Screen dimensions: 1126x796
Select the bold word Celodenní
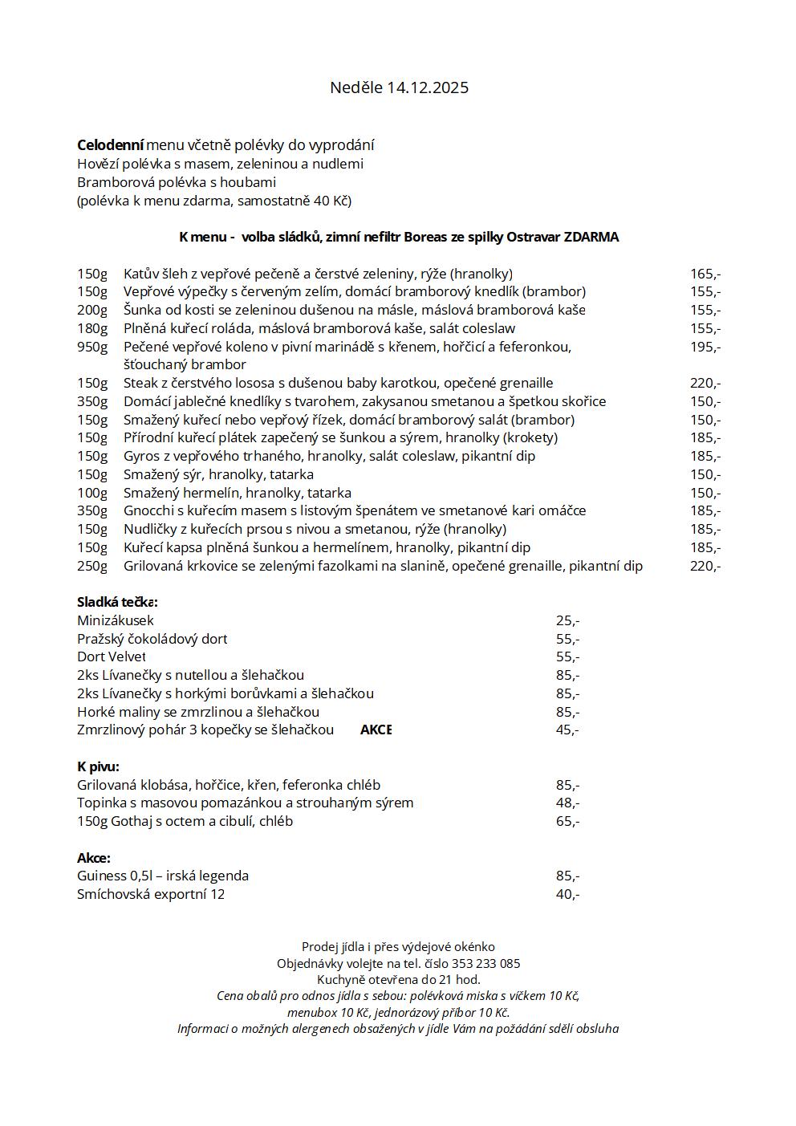coord(110,145)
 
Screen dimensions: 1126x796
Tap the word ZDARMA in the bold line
coord(591,237)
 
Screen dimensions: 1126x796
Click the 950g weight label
coord(92,347)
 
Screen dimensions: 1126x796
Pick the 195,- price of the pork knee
coord(705,347)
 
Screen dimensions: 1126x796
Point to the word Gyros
coord(141,456)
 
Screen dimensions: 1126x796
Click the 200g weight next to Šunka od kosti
coord(92,310)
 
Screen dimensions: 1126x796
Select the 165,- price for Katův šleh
coord(705,274)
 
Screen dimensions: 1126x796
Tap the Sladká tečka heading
coord(117,602)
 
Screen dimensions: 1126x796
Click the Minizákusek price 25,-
coord(567,620)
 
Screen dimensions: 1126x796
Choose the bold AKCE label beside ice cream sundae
coord(376,730)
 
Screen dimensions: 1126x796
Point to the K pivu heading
coord(98,766)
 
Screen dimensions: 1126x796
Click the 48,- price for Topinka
coord(567,803)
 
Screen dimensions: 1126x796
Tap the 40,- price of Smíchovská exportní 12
coord(567,894)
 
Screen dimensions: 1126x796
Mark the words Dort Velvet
coord(112,656)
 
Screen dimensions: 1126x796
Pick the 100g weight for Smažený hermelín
coord(92,493)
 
